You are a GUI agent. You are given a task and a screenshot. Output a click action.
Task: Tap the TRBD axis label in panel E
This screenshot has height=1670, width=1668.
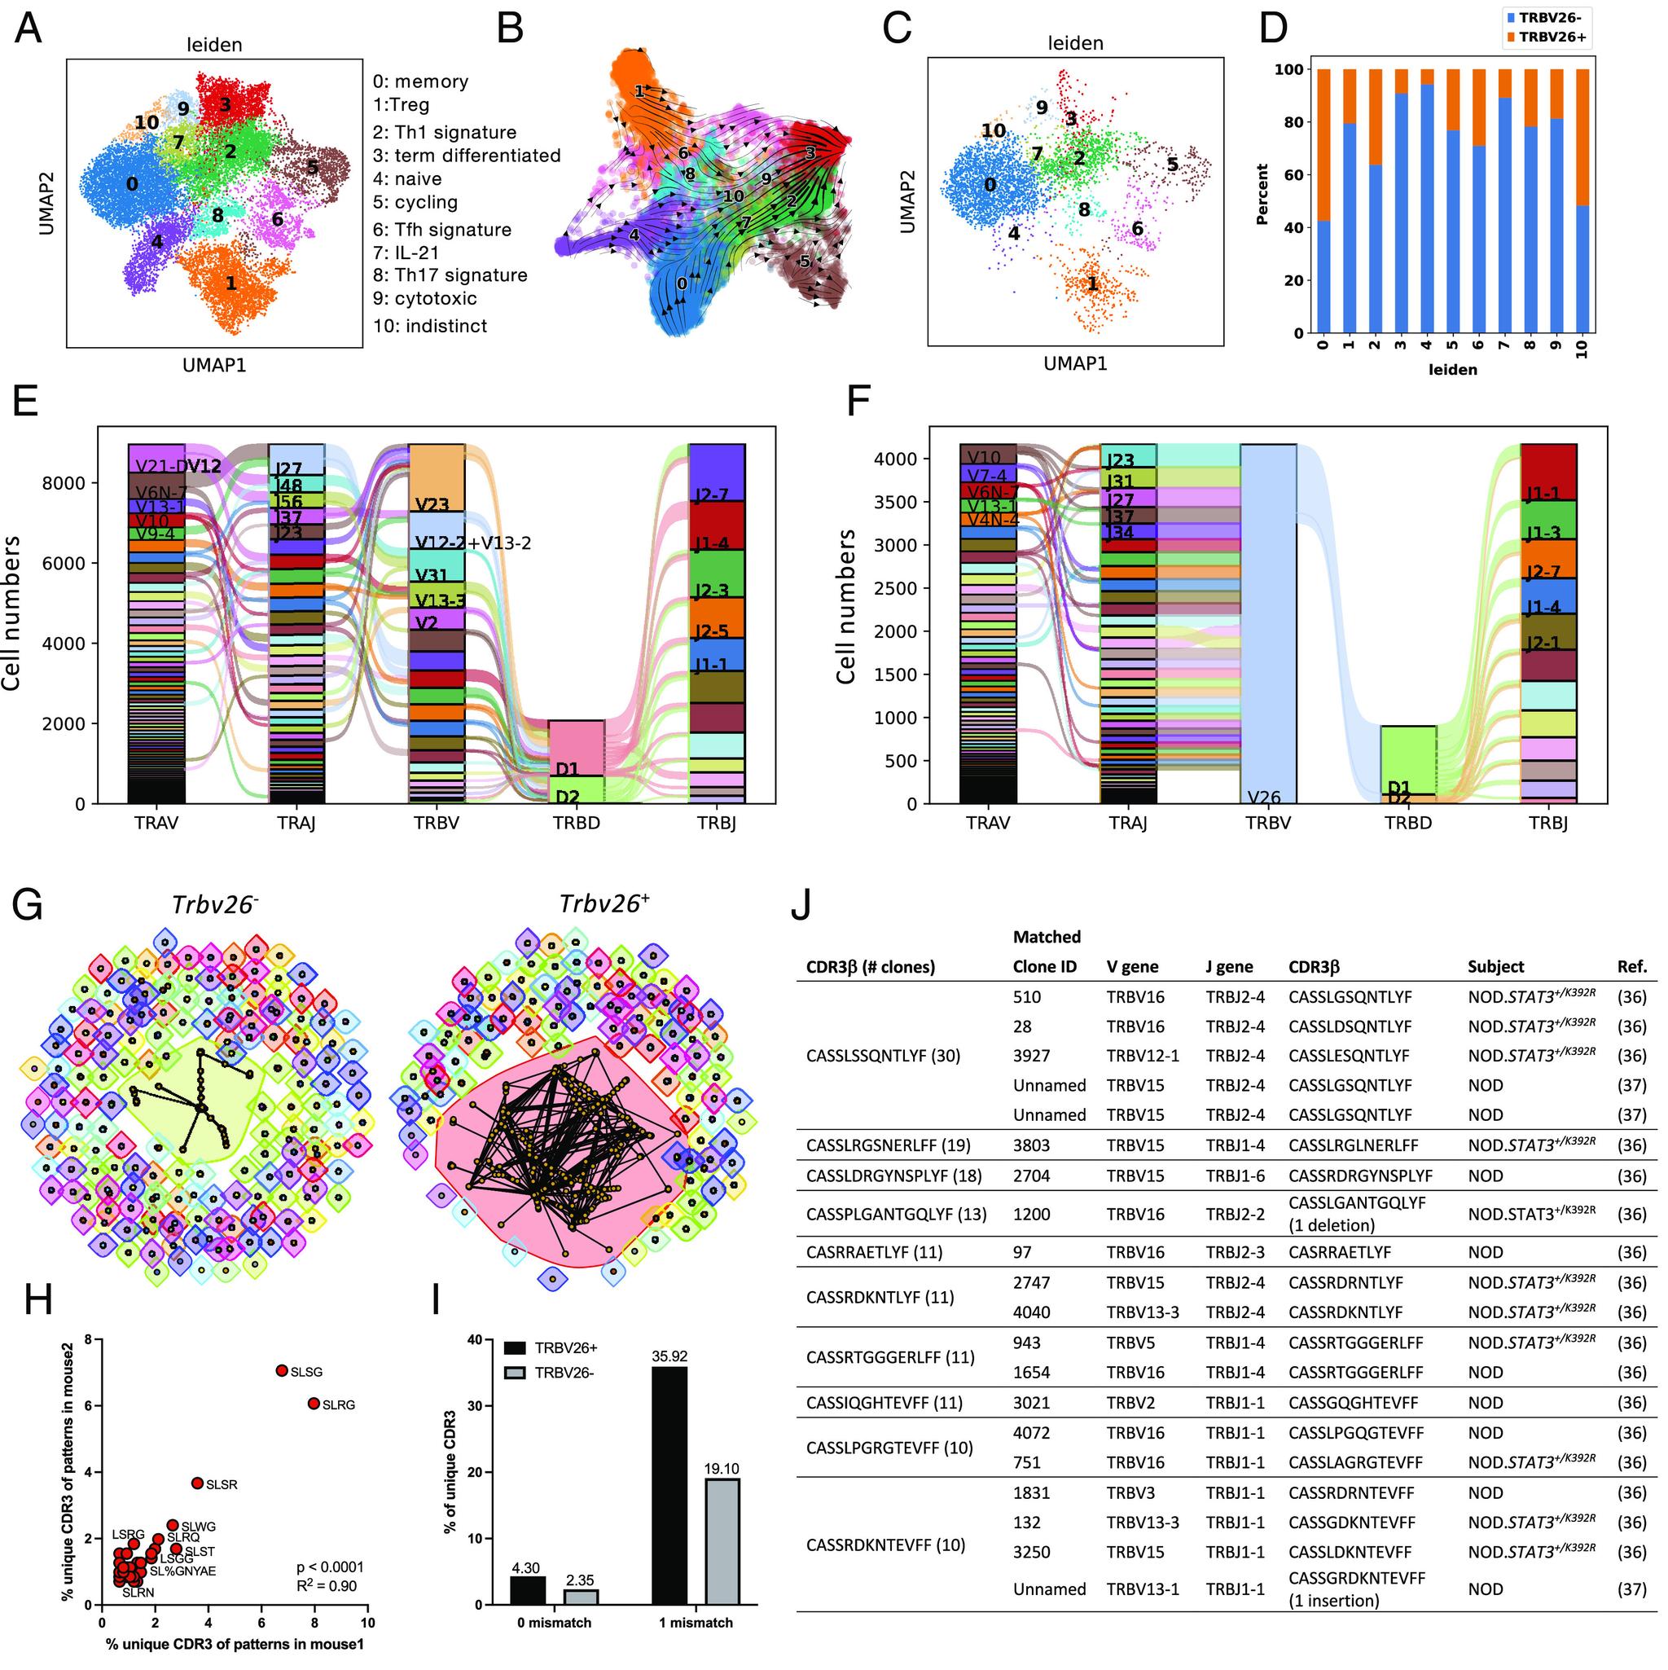click(576, 823)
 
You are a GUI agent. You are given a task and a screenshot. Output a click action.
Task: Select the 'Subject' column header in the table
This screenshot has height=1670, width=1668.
click(1495, 966)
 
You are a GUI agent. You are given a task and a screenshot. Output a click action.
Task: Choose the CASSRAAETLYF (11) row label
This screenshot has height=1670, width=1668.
click(874, 1251)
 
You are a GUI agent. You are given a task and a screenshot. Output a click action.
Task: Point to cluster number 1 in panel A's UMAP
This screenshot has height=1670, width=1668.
click(230, 282)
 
